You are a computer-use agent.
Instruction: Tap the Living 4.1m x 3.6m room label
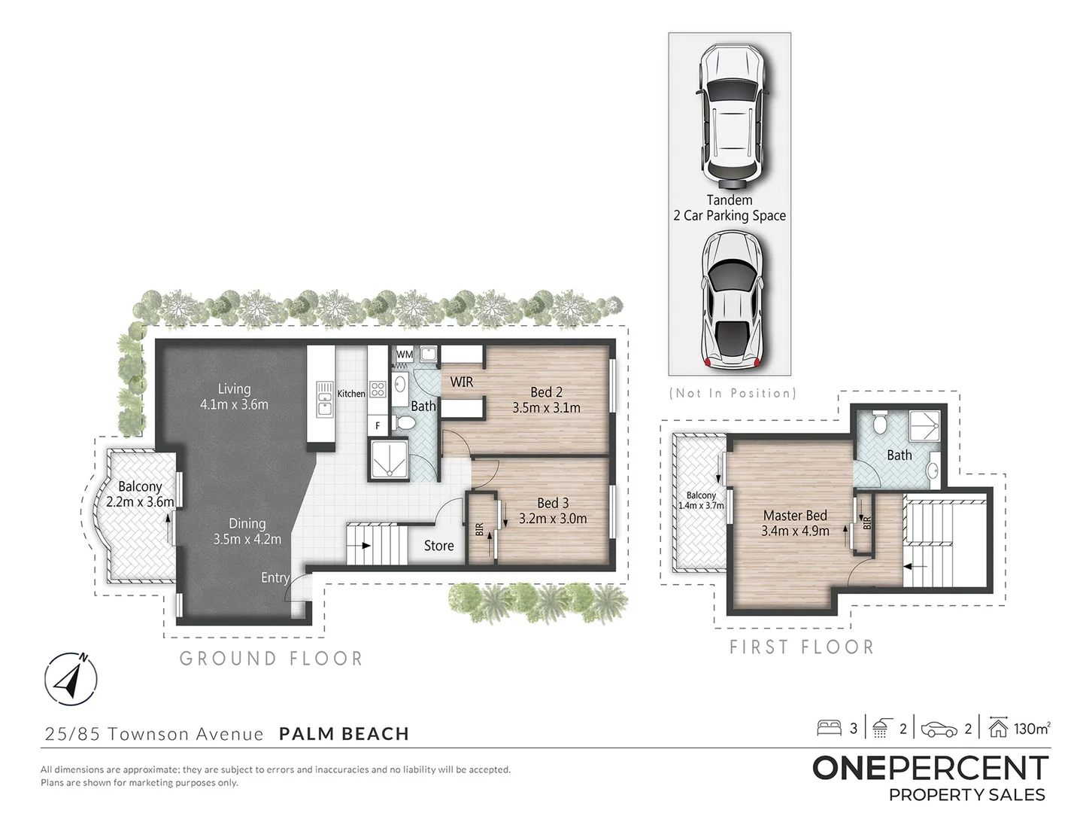(x=234, y=396)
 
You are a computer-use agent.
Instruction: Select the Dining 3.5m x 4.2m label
(x=247, y=531)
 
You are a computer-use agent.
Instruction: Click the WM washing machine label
(x=405, y=355)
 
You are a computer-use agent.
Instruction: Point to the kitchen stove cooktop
(x=378, y=389)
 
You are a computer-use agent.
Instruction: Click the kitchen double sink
(x=325, y=398)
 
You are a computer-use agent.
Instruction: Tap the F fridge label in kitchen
(x=378, y=425)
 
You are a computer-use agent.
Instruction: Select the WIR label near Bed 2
(x=461, y=382)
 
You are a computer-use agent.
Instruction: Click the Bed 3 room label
(x=552, y=510)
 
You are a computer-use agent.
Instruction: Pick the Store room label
(x=438, y=546)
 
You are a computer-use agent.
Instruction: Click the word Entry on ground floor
(x=275, y=577)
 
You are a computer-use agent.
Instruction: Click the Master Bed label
(x=795, y=522)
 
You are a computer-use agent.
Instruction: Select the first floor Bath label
(x=899, y=455)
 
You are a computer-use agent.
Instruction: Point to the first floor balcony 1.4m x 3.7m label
(x=701, y=501)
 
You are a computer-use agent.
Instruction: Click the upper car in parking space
(x=729, y=116)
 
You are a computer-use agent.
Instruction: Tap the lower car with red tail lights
(x=729, y=299)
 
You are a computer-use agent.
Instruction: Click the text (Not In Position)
(x=732, y=393)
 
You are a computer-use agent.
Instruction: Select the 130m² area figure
(x=1031, y=728)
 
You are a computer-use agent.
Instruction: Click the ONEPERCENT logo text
(x=930, y=768)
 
